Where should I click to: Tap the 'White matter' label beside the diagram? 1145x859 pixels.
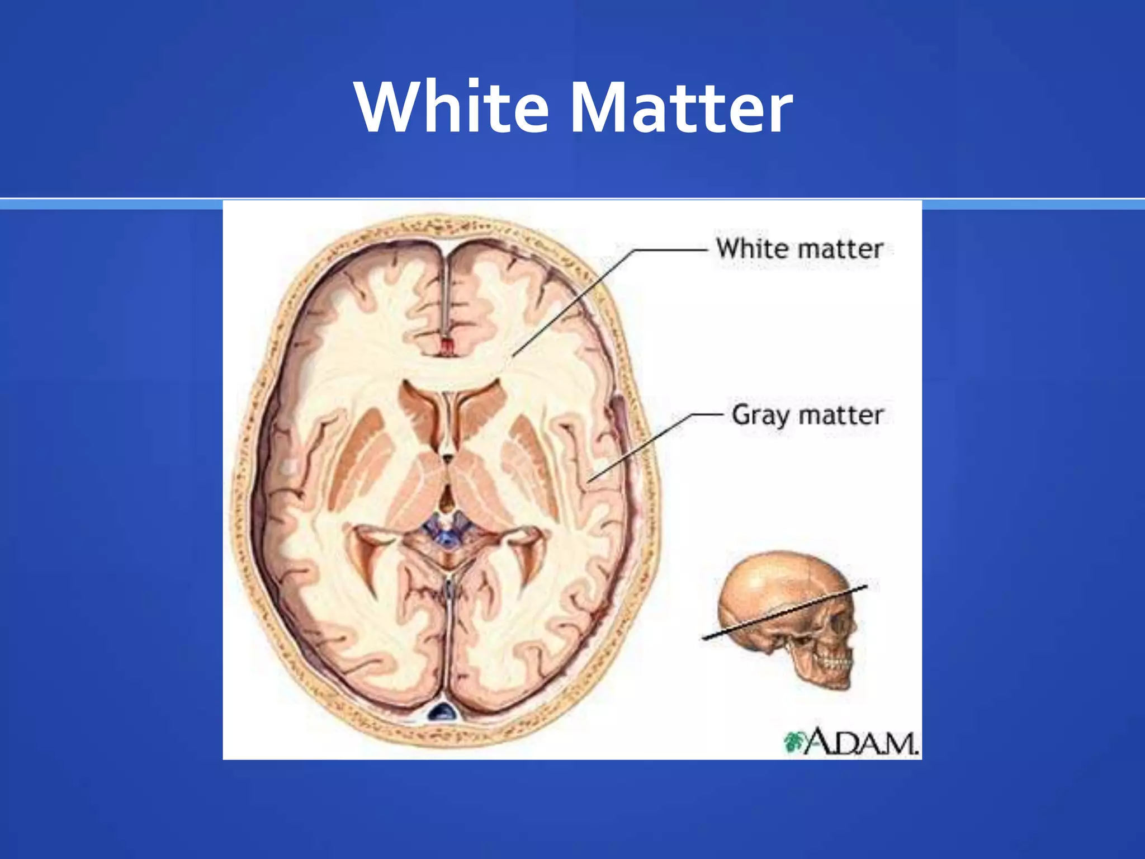click(799, 249)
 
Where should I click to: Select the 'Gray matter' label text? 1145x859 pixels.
click(807, 416)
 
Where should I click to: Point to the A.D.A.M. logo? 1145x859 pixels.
click(852, 742)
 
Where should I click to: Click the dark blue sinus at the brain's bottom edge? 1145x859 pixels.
click(442, 711)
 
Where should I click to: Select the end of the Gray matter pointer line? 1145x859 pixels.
click(589, 481)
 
